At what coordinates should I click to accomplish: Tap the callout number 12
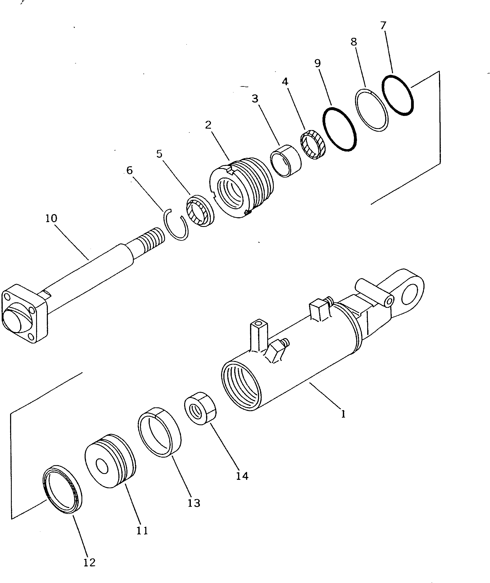89,562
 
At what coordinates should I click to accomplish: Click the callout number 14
242,476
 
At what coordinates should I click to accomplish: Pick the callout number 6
130,170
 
